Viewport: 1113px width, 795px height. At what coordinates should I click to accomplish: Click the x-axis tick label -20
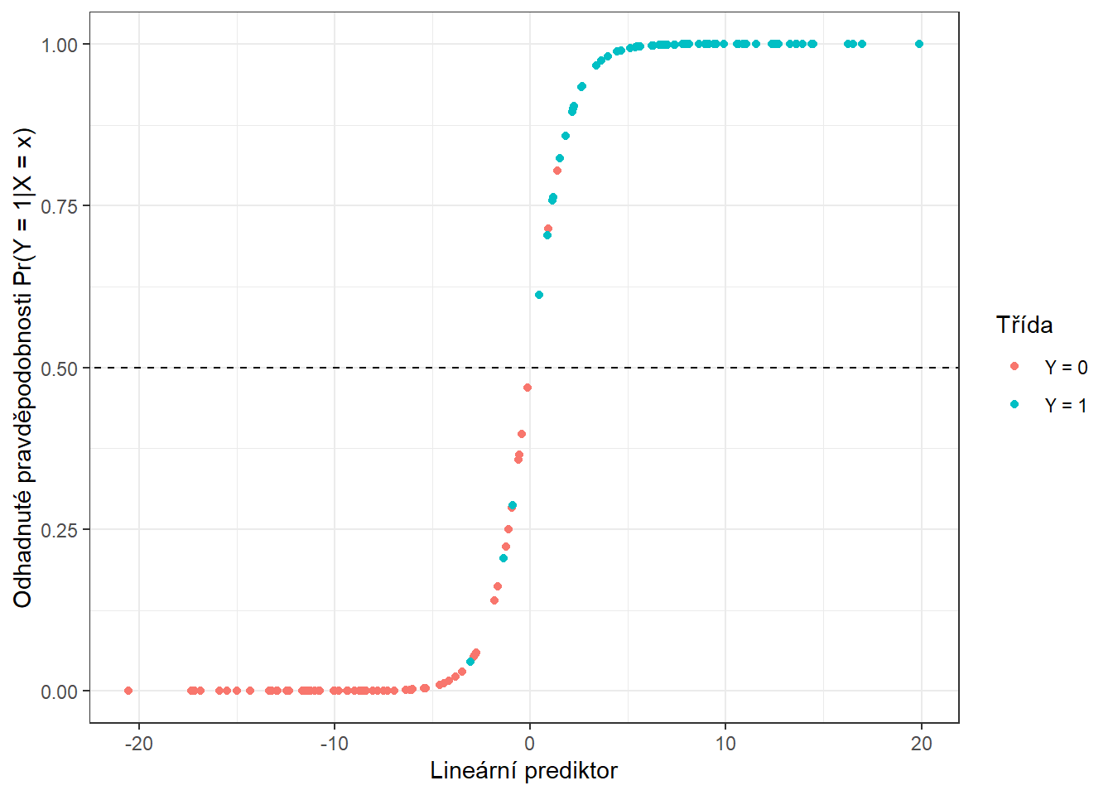click(x=138, y=744)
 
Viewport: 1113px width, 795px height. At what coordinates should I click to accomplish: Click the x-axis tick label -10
click(x=334, y=744)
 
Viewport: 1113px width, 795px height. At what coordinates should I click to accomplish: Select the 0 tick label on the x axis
click(x=530, y=744)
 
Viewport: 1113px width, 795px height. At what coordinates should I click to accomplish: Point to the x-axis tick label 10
click(x=725, y=744)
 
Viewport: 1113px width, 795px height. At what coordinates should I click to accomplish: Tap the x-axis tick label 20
click(x=921, y=744)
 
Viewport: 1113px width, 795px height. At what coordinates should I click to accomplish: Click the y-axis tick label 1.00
click(x=60, y=45)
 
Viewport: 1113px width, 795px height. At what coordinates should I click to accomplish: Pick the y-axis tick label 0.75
click(x=60, y=206)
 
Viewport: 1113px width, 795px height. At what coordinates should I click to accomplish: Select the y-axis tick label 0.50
click(x=60, y=368)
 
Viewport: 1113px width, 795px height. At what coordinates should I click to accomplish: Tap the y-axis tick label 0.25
click(x=60, y=530)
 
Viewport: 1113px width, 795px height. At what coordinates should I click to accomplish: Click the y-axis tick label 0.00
click(x=60, y=691)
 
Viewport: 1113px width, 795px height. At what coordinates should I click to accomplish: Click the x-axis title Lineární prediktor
click(x=523, y=771)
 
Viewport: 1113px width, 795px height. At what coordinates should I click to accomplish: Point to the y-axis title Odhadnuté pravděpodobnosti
click(x=23, y=368)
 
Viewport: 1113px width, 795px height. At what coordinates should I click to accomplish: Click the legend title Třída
click(x=1024, y=325)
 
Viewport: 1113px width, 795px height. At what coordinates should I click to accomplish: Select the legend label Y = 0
click(x=1066, y=368)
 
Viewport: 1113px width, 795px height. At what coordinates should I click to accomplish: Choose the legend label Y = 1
click(x=1066, y=406)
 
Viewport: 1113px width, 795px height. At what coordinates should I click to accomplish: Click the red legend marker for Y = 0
click(x=1014, y=366)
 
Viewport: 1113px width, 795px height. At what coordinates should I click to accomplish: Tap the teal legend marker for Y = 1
click(x=1014, y=404)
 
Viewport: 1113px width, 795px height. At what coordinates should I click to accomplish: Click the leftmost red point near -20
click(x=128, y=691)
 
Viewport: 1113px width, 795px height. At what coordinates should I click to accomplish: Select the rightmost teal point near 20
click(x=919, y=44)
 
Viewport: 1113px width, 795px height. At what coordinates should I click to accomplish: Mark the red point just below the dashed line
click(x=528, y=388)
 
